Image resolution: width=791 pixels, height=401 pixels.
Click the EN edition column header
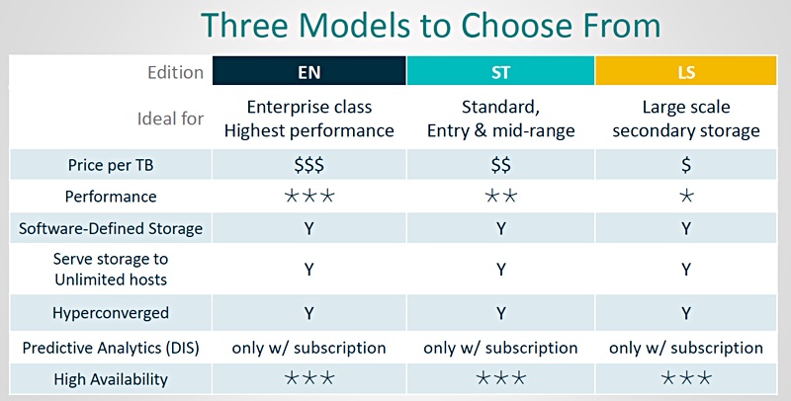pos(309,71)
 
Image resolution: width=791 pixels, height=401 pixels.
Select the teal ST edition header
pos(500,71)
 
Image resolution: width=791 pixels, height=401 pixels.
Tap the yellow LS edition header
pos(686,71)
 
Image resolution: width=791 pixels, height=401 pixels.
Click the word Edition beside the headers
pos(176,72)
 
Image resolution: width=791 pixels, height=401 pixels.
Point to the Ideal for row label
pos(170,119)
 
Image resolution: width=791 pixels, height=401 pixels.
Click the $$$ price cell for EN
pos(309,165)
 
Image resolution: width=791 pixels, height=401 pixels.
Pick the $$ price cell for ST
pos(500,165)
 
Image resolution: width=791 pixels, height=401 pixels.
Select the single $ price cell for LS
pos(686,165)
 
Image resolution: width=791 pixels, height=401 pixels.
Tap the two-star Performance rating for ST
pos(500,196)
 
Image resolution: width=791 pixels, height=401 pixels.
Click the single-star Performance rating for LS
pos(686,196)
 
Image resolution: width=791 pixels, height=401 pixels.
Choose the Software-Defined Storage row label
pos(111,229)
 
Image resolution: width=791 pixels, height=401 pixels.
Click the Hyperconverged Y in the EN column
pos(309,313)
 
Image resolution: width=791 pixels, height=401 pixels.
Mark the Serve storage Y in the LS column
pos(686,270)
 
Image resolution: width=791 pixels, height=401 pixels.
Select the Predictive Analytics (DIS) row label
pos(111,348)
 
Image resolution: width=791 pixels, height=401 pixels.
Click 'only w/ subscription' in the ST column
pos(500,348)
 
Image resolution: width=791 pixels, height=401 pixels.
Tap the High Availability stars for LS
pos(686,378)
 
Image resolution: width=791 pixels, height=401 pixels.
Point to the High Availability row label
pos(111,379)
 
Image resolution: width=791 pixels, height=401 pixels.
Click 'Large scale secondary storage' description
pos(686,119)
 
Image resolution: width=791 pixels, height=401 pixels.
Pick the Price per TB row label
pos(111,165)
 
